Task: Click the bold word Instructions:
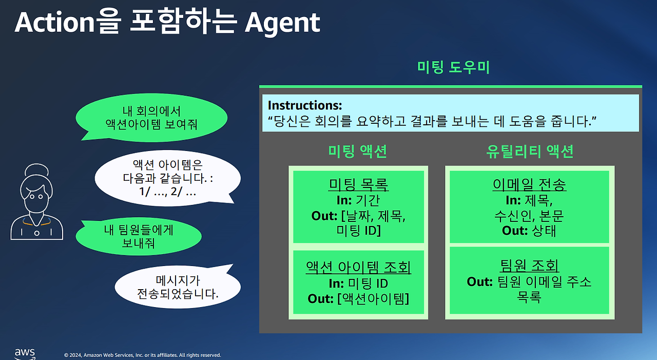pos(305,106)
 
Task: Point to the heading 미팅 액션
pos(358,151)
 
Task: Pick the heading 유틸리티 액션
pos(529,151)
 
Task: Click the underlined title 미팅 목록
pos(358,185)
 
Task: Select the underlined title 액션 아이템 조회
pos(358,268)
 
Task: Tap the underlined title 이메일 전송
pos(529,185)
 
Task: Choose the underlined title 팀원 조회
pos(529,266)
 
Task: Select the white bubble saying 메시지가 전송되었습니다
pos(178,288)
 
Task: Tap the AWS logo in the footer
pos(25,353)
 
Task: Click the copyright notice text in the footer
pos(142,355)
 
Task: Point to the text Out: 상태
pos(529,231)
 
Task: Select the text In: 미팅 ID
pos(358,283)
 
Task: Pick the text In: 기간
pos(358,200)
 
